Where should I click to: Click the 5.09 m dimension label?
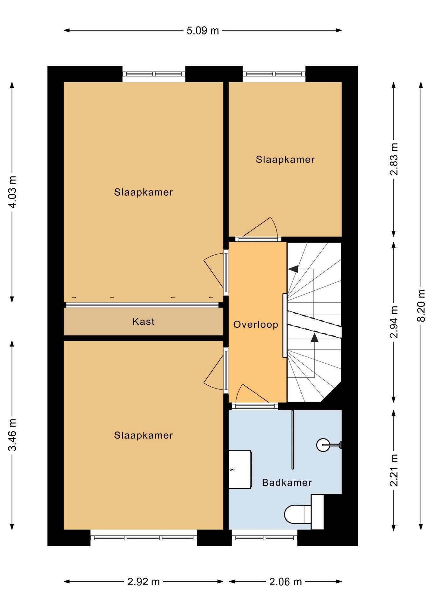(x=203, y=31)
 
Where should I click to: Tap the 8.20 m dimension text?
(x=421, y=306)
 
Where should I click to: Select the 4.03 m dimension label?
(x=12, y=192)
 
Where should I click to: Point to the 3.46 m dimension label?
(x=12, y=435)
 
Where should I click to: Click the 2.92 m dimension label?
(x=143, y=582)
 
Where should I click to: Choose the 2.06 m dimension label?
(x=285, y=582)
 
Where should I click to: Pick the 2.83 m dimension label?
(x=394, y=159)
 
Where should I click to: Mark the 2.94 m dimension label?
(x=394, y=322)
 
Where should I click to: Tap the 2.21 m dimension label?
(x=394, y=470)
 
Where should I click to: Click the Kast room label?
(x=143, y=321)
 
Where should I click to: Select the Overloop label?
(x=256, y=324)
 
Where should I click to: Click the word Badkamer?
(x=287, y=482)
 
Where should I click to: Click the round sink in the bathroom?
(x=323, y=445)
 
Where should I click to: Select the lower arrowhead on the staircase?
(x=315, y=338)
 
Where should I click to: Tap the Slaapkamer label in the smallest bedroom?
(x=285, y=159)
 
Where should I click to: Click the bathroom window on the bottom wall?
(x=265, y=538)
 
